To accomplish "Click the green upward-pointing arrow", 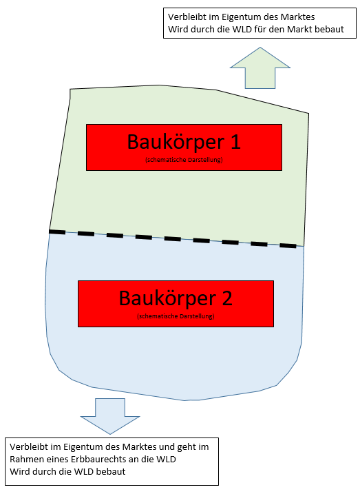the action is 260,71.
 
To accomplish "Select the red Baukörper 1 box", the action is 184,147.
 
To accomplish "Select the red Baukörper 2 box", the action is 176,304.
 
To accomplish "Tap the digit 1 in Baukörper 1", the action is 235,142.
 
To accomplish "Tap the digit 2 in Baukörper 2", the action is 227,298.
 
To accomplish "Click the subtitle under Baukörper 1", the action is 184,160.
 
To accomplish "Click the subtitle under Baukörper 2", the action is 176,316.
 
